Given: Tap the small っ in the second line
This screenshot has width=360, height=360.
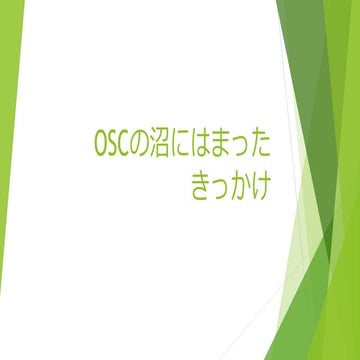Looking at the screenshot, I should (219, 189).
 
